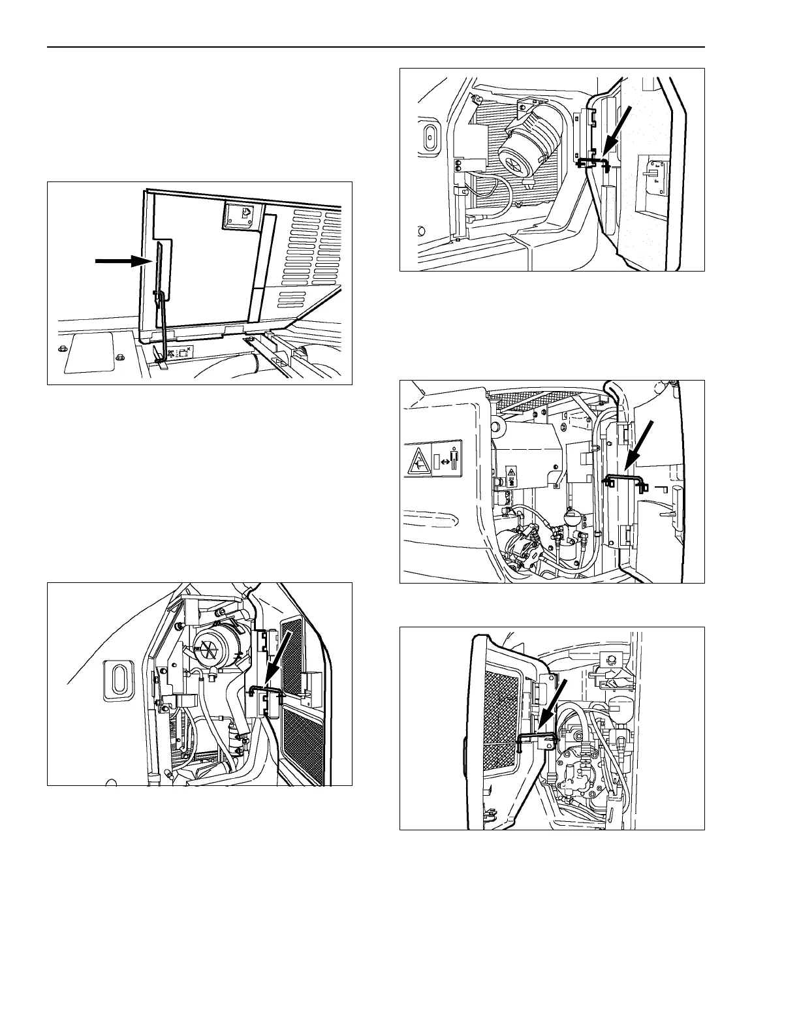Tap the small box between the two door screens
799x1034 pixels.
(311, 683)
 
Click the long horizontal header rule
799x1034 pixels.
(376, 47)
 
